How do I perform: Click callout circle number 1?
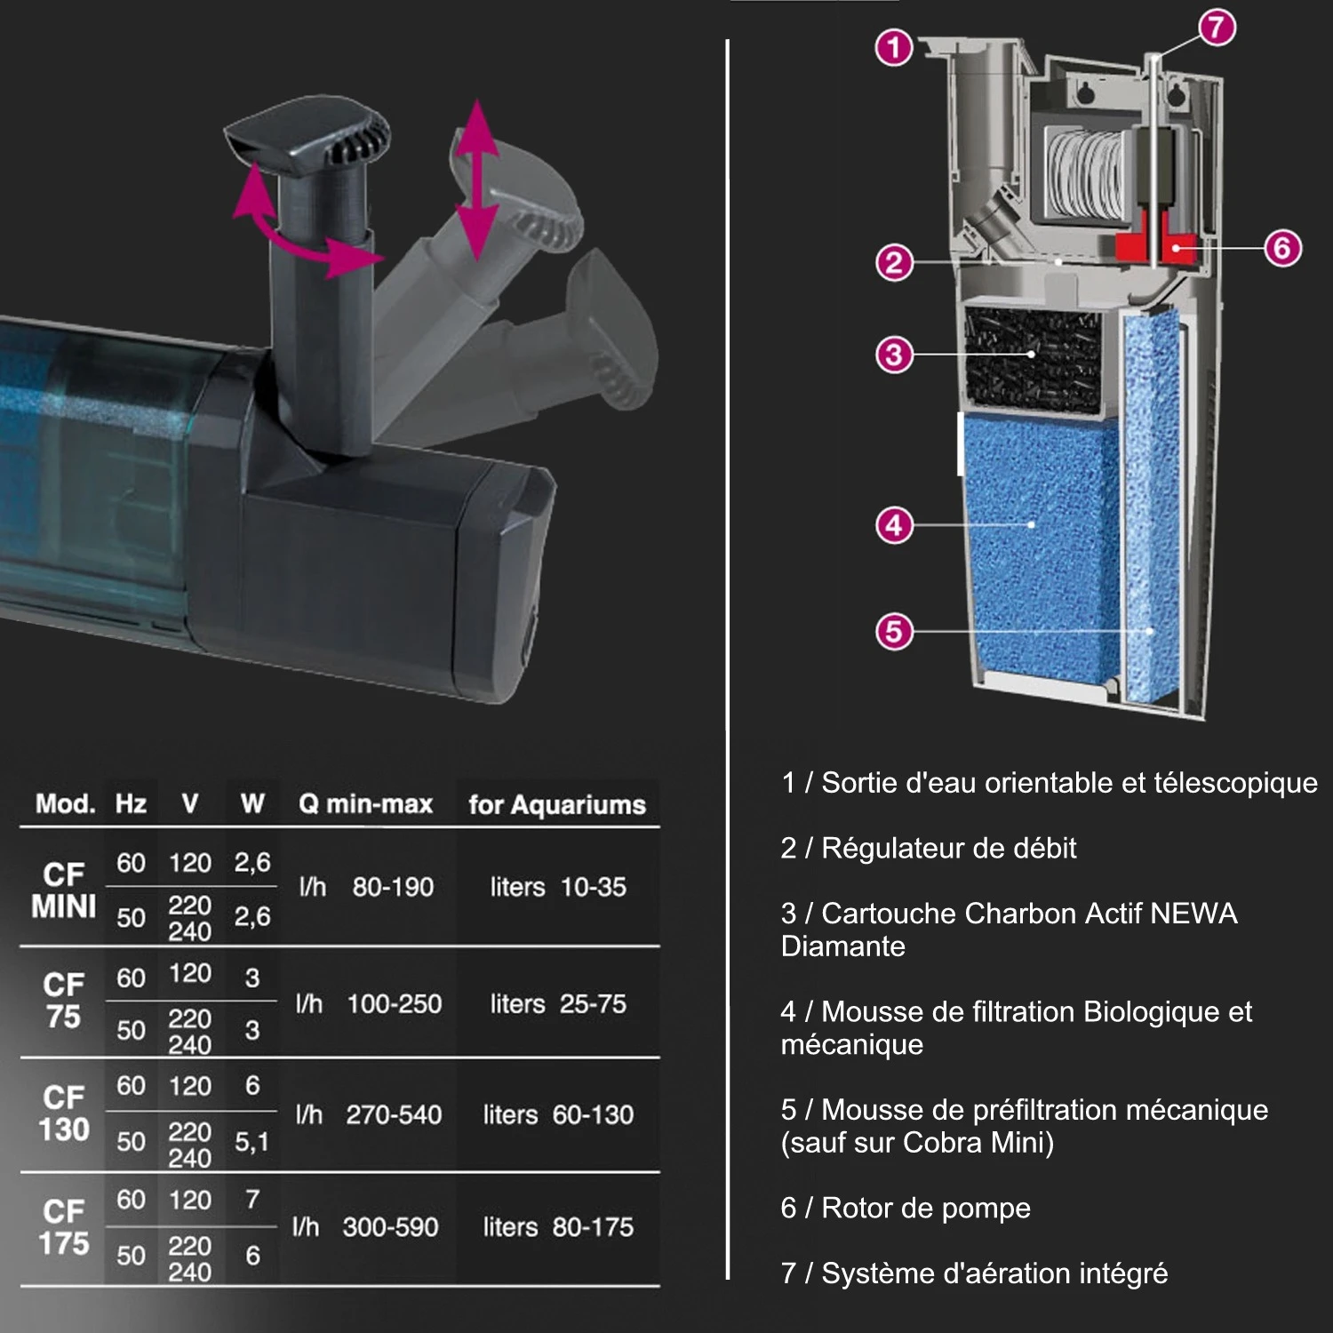pyautogui.click(x=894, y=47)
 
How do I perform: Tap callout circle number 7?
pyautogui.click(x=1217, y=28)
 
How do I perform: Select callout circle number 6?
pyautogui.click(x=1282, y=248)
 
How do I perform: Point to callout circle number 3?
pyautogui.click(x=894, y=355)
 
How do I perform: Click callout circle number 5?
pyautogui.click(x=894, y=632)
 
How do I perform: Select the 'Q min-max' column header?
pyautogui.click(x=365, y=804)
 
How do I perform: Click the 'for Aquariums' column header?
pyautogui.click(x=557, y=804)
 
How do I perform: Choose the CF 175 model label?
pyautogui.click(x=64, y=1227)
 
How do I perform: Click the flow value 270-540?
pyautogui.click(x=394, y=1114)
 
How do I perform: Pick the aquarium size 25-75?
pyautogui.click(x=593, y=1003)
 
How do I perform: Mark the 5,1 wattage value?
pyautogui.click(x=252, y=1142)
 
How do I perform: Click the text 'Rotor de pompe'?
pyautogui.click(x=926, y=1208)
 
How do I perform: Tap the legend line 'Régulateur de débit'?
pyautogui.click(x=948, y=848)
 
